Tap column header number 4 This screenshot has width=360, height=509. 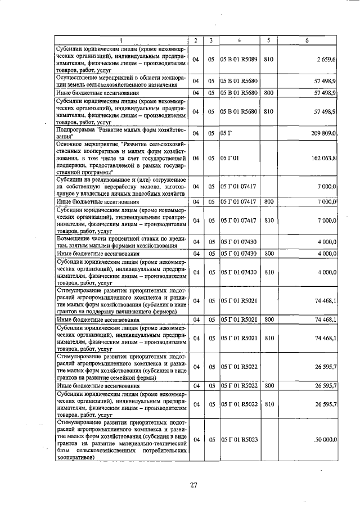(x=238, y=40)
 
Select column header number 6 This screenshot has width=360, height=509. (x=307, y=40)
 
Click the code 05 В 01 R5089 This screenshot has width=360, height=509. (x=238, y=59)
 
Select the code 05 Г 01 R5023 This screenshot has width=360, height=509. (x=238, y=438)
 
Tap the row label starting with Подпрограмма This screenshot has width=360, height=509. (x=121, y=133)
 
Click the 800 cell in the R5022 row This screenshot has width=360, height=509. (x=269, y=386)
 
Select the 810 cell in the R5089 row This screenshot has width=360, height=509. (x=269, y=59)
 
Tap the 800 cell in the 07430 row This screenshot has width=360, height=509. (x=269, y=253)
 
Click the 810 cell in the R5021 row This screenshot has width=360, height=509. (x=269, y=338)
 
